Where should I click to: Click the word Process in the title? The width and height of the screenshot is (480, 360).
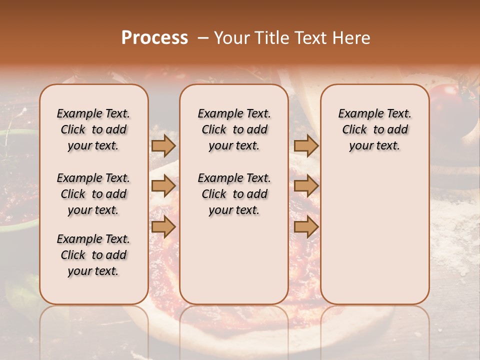[154, 38]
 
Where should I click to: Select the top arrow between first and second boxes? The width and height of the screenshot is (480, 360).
[163, 145]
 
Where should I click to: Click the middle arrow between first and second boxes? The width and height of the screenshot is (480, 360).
[163, 186]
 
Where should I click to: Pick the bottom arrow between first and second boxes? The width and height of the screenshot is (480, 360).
[163, 227]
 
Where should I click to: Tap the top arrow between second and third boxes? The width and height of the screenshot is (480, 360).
[306, 145]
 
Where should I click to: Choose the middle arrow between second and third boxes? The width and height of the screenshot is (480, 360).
[306, 186]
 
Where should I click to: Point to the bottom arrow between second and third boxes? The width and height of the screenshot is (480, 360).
[306, 227]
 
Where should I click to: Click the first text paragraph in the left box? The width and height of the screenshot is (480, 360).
[93, 129]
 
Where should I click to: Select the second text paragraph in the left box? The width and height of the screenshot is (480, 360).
[93, 194]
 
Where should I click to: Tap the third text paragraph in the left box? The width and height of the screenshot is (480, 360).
[93, 255]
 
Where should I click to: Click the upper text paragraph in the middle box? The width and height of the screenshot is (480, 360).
[234, 129]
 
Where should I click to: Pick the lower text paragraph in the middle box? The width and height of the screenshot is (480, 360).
[234, 194]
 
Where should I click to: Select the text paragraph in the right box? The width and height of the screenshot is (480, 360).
[374, 129]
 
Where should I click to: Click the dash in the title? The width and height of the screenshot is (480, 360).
[202, 38]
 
